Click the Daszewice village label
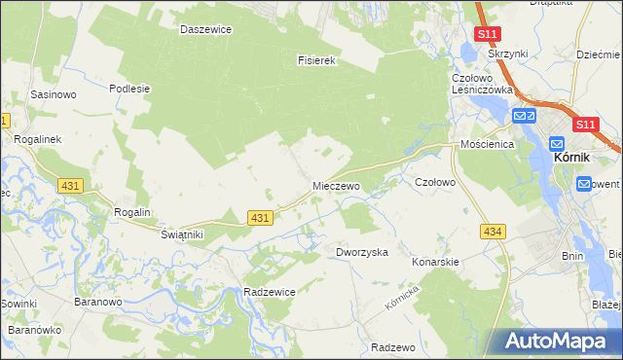[205, 29]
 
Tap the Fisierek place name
[316, 59]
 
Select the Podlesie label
[128, 89]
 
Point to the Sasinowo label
[54, 95]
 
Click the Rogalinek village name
[37, 139]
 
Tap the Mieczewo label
[336, 185]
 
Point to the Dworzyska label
[362, 252]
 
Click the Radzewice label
[270, 292]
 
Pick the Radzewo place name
[393, 347]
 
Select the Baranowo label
[96, 302]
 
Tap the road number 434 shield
[493, 231]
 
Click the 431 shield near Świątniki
[259, 219]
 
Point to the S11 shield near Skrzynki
[488, 35]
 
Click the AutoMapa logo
[554, 342]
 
